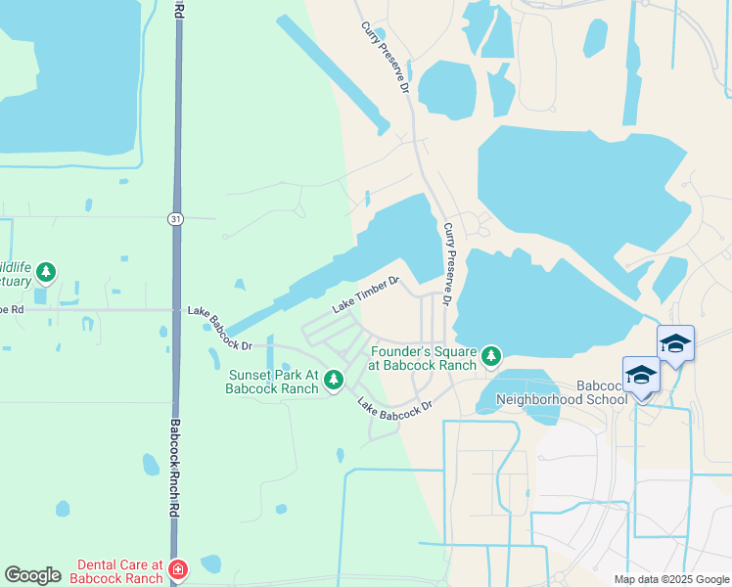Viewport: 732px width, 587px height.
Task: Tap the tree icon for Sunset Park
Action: [334, 379]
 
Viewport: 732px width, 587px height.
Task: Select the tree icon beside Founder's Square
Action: [491, 355]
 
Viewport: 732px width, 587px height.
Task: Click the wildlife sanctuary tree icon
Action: [46, 271]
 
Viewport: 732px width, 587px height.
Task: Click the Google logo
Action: [32, 575]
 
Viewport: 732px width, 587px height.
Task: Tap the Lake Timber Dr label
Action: [366, 293]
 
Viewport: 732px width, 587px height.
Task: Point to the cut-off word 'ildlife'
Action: [15, 266]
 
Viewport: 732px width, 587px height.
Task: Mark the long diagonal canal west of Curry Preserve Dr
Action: [333, 73]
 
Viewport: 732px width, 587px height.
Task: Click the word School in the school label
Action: [607, 399]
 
